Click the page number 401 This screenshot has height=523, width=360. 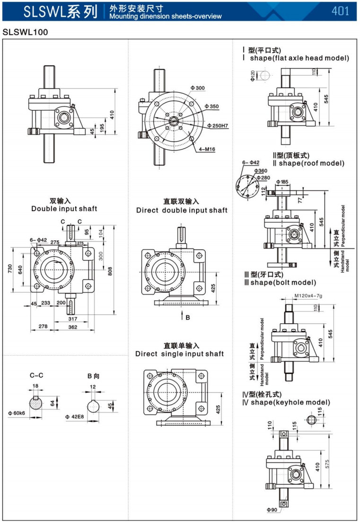pos(340,10)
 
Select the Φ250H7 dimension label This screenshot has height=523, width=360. pos(218,125)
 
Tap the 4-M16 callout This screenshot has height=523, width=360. pos(206,149)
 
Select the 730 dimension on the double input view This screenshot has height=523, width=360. pos(9,269)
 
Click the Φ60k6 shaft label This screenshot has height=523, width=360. pos(16,413)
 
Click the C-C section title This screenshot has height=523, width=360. pos(36,375)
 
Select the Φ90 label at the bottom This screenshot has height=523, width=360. pos(271,509)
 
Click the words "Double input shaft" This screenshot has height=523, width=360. pos(64,209)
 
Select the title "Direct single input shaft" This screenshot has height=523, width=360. pos(179,354)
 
